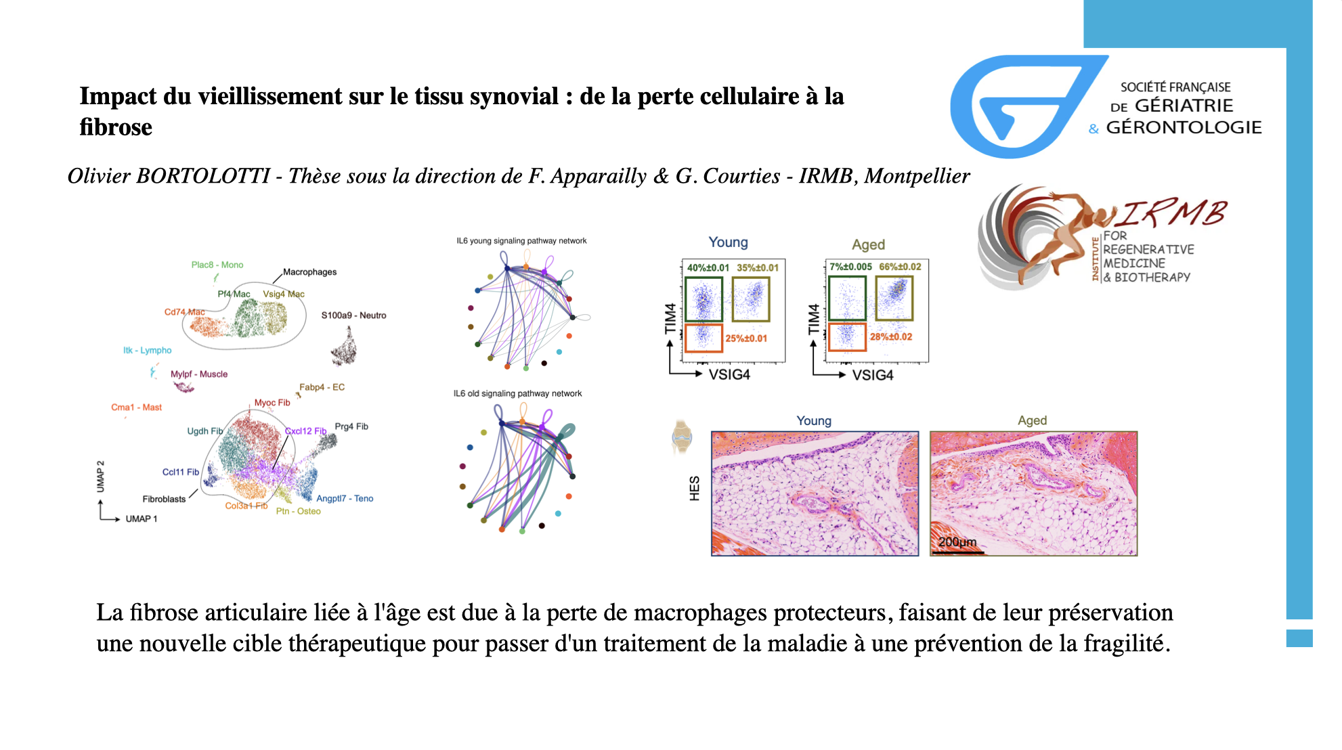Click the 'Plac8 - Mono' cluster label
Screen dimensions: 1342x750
[217, 265]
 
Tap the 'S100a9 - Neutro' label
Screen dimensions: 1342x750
[353, 315]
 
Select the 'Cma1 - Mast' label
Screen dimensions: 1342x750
[136, 407]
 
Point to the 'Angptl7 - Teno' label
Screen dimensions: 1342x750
[345, 498]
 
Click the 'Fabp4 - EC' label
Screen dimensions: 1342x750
[322, 387]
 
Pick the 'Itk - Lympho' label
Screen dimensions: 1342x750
[147, 350]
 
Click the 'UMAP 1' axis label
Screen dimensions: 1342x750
[141, 519]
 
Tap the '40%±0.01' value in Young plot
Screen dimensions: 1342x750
[708, 267]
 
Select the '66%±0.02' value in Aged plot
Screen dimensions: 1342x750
[900, 267]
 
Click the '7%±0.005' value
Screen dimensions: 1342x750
[850, 267]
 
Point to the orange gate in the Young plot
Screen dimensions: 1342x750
[704, 338]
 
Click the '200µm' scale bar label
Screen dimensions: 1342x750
[957, 542]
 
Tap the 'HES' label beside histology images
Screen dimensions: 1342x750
[694, 488]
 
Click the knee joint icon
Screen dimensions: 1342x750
[682, 437]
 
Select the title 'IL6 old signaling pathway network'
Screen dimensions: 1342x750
[517, 393]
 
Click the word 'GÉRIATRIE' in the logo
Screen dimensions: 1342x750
[1184, 106]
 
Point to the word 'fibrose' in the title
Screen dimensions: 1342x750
[116, 127]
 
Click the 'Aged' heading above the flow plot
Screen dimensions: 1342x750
[868, 244]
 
